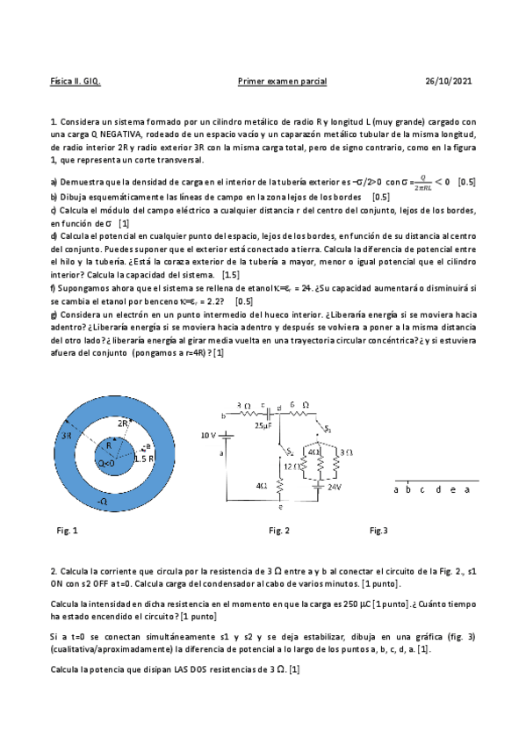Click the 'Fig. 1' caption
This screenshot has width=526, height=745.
tap(67, 531)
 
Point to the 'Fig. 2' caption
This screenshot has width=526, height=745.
tap(280, 531)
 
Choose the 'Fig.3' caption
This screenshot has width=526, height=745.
tap(378, 531)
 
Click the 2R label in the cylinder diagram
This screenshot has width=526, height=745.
tap(126, 423)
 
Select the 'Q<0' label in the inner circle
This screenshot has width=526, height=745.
tap(105, 463)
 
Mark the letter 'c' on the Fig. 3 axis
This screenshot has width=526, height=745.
tap(423, 489)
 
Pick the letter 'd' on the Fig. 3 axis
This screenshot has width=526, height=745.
tap(437, 489)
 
